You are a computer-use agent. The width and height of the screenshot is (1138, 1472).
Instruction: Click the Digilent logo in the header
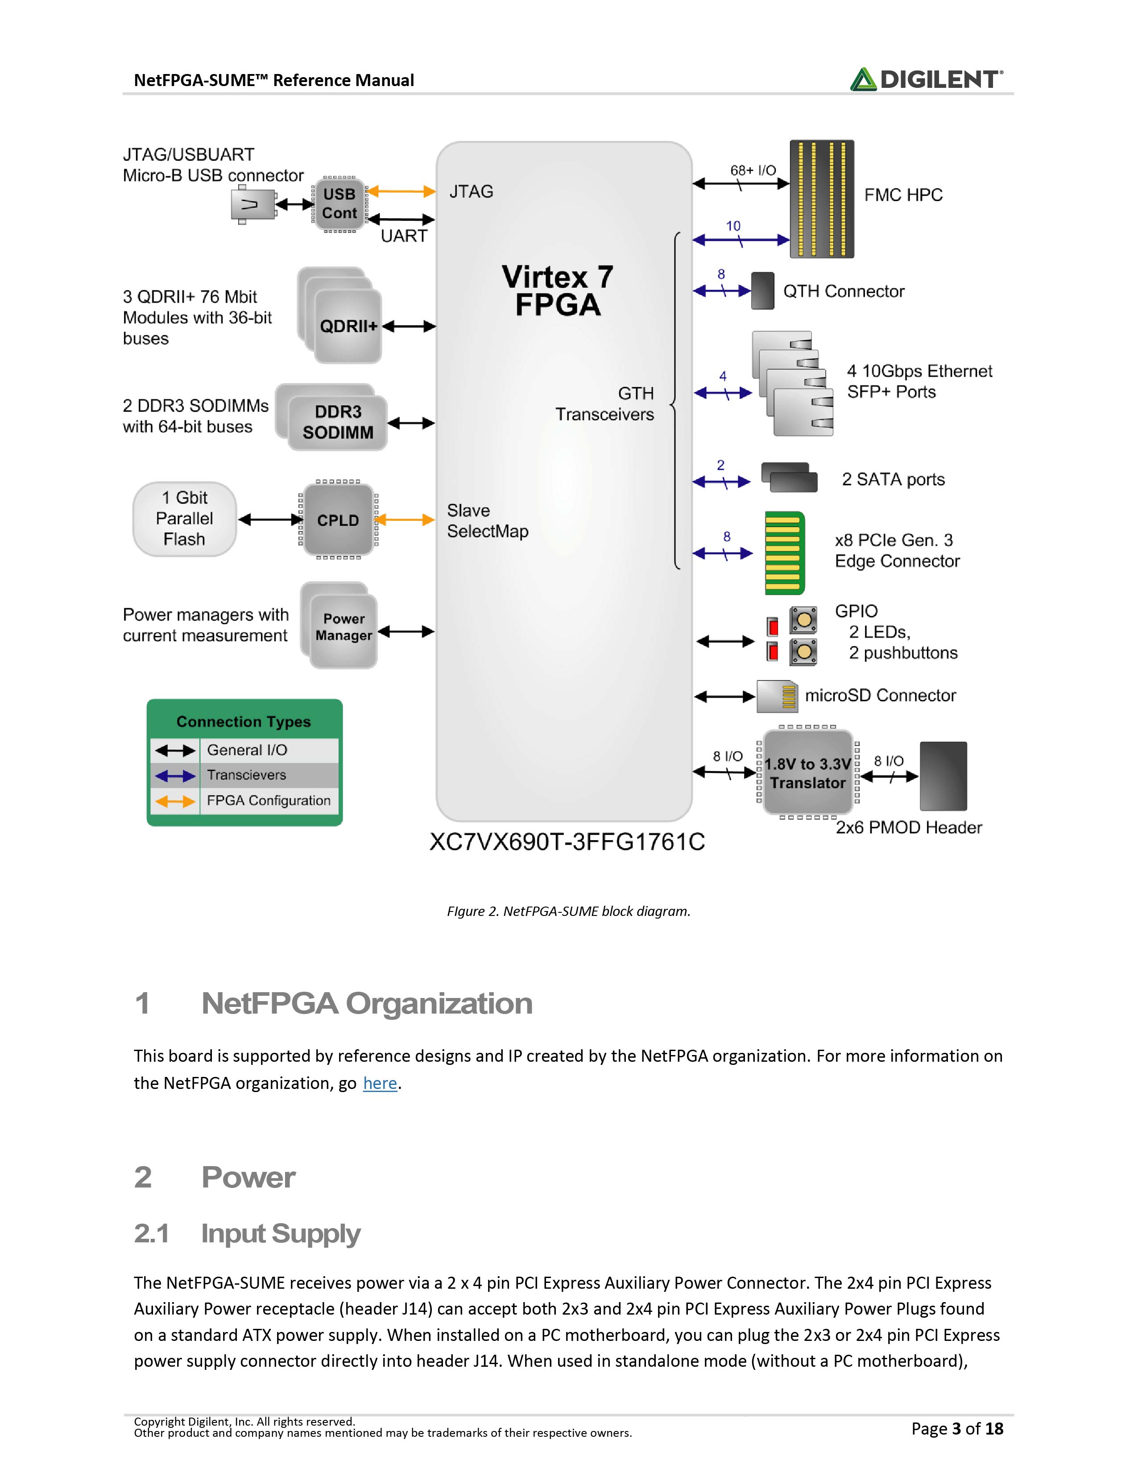[926, 79]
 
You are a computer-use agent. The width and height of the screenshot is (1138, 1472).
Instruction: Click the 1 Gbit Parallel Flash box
[184, 519]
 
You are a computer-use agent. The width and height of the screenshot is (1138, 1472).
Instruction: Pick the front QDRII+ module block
[348, 326]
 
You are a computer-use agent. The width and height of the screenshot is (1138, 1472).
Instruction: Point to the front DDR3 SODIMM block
[338, 423]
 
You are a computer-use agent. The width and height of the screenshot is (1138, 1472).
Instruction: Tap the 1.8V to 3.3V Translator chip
[807, 772]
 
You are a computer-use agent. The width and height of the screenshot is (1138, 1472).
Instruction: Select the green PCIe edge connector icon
[784, 553]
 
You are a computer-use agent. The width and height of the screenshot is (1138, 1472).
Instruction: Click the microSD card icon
[777, 696]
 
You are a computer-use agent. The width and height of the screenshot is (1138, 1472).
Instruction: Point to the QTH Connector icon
[762, 290]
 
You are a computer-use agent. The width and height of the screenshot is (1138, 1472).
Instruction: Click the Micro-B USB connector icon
[253, 204]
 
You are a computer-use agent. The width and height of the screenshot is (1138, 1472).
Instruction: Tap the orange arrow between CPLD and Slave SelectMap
[405, 520]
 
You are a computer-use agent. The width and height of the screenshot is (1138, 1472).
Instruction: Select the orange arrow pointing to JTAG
[401, 191]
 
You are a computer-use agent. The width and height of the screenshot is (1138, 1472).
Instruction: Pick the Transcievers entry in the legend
[246, 775]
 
